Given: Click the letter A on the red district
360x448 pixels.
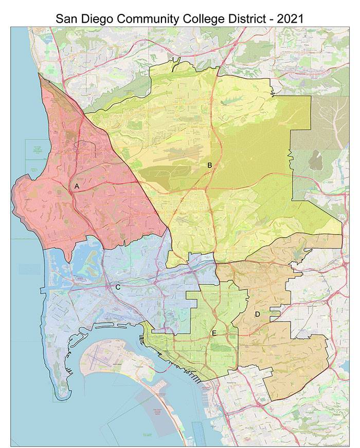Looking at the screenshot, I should click(77, 186).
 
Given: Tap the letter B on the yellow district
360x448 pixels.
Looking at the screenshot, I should click(209, 165).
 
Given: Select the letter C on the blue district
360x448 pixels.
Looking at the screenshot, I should click(118, 287).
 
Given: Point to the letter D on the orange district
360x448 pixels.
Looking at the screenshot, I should click(257, 314).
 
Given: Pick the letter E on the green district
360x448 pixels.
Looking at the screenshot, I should click(214, 333).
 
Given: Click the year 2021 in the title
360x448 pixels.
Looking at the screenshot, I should click(290, 19).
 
